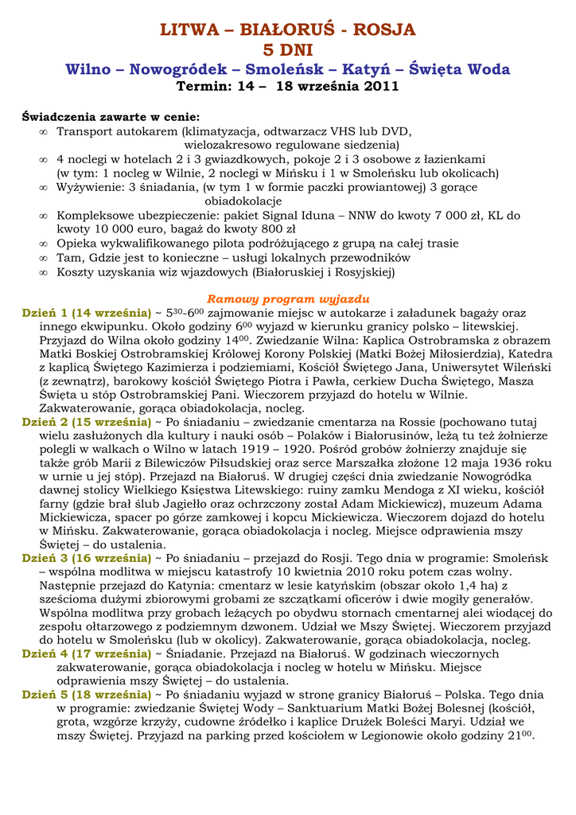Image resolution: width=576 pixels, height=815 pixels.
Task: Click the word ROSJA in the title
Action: click(386, 30)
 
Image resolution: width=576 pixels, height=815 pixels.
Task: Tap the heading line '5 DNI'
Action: click(287, 51)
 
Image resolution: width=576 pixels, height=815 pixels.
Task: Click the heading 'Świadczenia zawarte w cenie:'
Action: click(111, 117)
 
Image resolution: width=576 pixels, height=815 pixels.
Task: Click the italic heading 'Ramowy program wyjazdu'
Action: click(288, 299)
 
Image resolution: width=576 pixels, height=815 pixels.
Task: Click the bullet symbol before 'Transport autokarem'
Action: click(44, 131)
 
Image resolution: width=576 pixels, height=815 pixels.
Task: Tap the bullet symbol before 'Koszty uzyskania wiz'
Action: click(44, 272)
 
